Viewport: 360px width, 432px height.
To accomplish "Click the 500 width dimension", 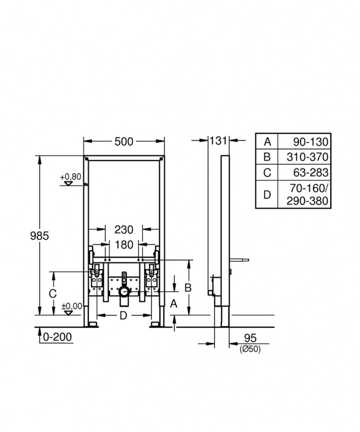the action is tap(124, 142).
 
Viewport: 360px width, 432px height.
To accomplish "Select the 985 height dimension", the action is tap(39, 236).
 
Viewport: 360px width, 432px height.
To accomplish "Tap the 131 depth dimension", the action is tap(218, 140).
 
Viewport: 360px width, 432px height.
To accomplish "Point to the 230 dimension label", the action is tap(124, 229).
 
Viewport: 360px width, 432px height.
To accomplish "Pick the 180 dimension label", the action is tap(124, 245).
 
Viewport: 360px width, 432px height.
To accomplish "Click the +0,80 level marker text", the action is tap(70, 177).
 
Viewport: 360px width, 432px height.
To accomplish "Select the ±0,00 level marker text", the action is tap(72, 306).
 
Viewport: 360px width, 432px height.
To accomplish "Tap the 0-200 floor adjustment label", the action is tap(57, 337).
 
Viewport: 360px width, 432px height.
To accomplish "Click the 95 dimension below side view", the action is tap(250, 338).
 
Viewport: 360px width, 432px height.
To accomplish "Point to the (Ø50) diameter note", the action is tap(250, 349).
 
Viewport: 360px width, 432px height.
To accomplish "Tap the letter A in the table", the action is tap(267, 142).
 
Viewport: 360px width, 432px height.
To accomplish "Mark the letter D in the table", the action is tap(267, 195).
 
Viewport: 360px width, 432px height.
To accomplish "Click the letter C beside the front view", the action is tap(53, 294).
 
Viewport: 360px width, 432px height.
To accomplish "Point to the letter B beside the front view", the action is tap(188, 288).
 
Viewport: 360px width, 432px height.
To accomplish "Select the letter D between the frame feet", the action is tap(123, 316).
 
